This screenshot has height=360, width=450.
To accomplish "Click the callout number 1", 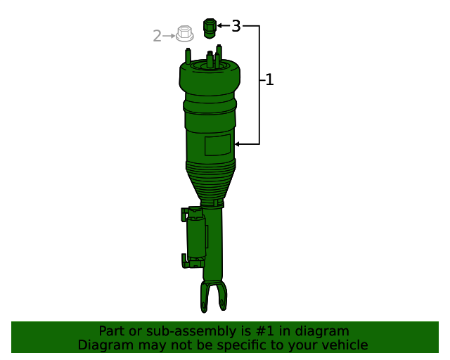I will (269, 80).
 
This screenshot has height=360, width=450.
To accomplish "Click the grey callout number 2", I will (157, 35).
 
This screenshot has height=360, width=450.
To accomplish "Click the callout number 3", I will (236, 27).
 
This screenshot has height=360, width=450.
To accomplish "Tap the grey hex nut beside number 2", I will (184, 33).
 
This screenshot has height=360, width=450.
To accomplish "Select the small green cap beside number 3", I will (209, 28).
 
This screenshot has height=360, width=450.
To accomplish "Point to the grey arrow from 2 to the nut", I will (169, 35).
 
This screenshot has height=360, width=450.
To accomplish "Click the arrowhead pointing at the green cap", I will (219, 26).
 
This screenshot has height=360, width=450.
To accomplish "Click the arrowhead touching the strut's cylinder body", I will (238, 144).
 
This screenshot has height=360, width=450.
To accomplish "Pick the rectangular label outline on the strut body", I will (218, 146).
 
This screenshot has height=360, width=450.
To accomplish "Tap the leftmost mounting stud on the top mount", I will (188, 55).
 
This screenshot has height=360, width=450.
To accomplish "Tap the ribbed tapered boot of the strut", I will (210, 181).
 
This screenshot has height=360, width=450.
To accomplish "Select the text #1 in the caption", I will (289, 331).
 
